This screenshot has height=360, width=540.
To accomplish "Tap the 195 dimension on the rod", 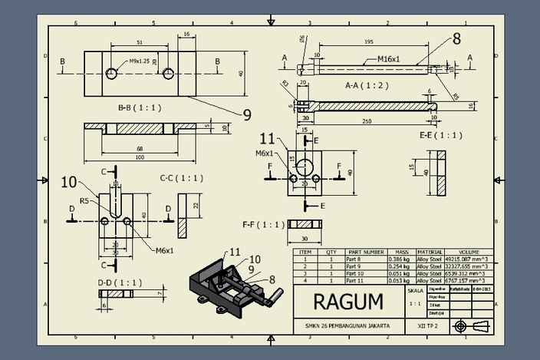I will pyautogui.click(x=368, y=43).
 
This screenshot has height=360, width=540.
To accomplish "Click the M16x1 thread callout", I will pyautogui.click(x=393, y=58).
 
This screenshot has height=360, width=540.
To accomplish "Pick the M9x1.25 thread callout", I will pyautogui.click(x=140, y=61).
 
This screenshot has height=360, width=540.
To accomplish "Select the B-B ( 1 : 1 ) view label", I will pyautogui.click(x=140, y=107).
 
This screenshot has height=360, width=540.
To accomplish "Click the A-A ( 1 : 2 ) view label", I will pyautogui.click(x=367, y=84).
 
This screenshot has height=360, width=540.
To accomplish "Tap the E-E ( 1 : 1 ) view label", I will pyautogui.click(x=441, y=135).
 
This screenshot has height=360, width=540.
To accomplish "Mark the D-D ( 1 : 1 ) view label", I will pyautogui.click(x=120, y=282).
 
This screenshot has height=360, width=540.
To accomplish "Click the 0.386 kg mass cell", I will pyautogui.click(x=400, y=259).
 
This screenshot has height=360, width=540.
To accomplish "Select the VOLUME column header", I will pyautogui.click(x=468, y=252).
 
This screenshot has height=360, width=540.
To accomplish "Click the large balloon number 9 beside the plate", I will pyautogui.click(x=247, y=115).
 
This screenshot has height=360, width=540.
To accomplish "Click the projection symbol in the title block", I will pyautogui.click(x=470, y=326).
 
